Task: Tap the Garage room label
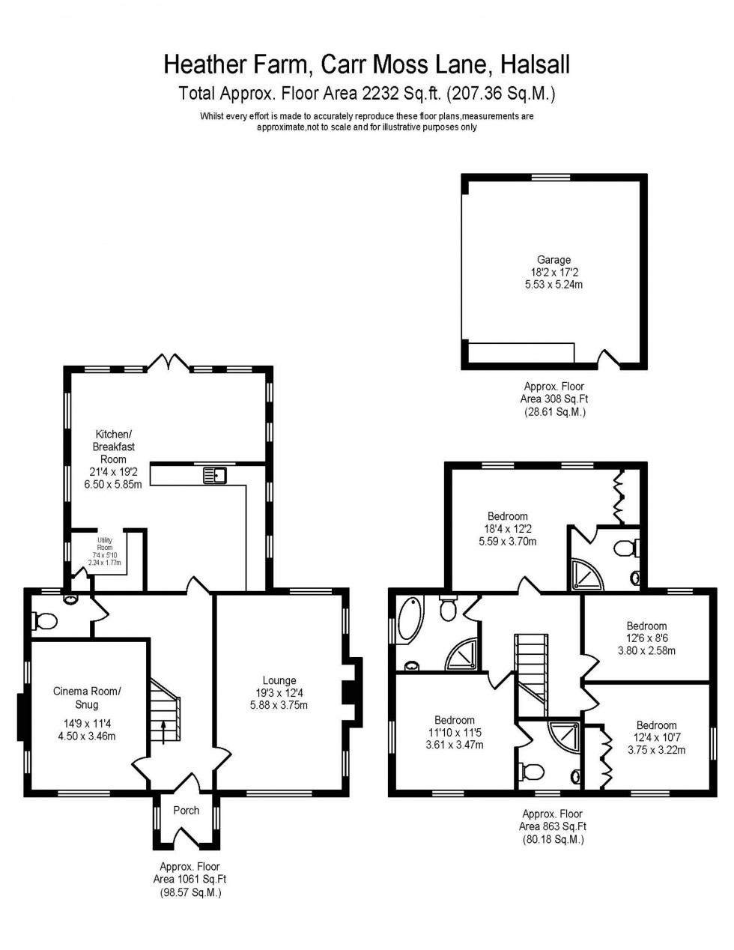[553, 260]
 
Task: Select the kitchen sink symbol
[215, 474]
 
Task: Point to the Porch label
[186, 810]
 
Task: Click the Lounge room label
[279, 681]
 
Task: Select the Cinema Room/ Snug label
[86, 698]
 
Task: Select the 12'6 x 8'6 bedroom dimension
[646, 638]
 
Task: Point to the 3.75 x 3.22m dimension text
[656, 749]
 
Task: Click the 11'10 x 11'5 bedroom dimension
[455, 733]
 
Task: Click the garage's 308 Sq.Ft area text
[553, 399]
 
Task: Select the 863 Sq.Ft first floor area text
[552, 826]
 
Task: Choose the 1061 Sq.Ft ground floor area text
[189, 880]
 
